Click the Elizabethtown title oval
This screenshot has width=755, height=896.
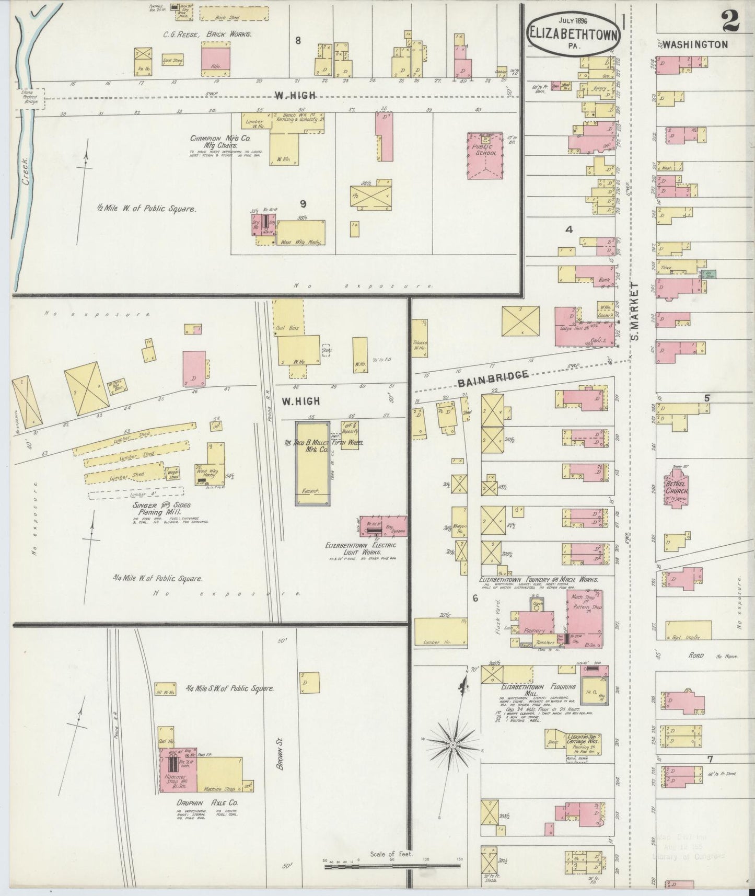click(574, 33)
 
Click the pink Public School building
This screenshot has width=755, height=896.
click(485, 156)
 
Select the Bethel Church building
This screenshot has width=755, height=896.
click(678, 490)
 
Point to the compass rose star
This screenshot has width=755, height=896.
click(453, 743)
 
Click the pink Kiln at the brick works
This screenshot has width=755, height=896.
click(216, 56)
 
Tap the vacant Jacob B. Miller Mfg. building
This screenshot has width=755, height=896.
click(312, 463)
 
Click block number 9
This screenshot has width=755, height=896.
click(303, 204)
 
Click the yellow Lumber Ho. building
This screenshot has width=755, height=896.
click(441, 632)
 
